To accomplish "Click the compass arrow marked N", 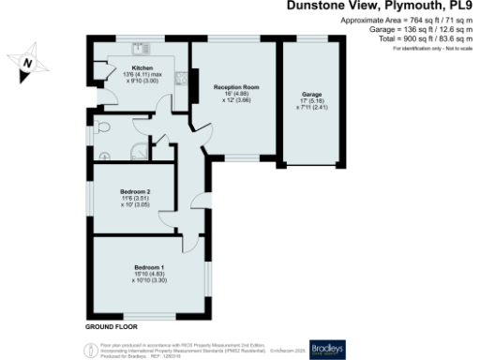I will click(28, 64).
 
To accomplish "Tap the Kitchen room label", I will click(142, 68).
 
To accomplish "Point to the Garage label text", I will click(311, 96).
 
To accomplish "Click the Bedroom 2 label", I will click(136, 191).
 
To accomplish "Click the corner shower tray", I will click(139, 150).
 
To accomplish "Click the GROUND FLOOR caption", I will click(112, 328).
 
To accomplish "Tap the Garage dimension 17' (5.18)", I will click(311, 102).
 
